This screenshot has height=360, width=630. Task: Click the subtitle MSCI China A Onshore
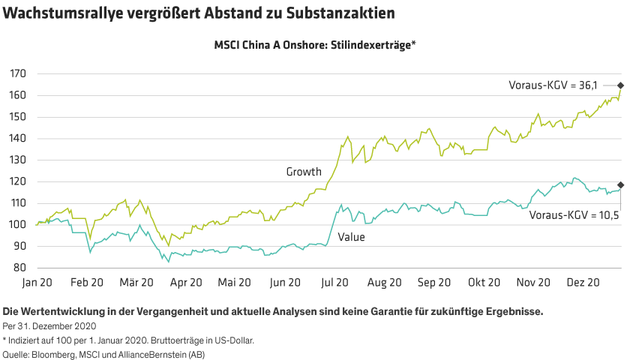click(x=315, y=45)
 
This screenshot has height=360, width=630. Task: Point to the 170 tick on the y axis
click(x=18, y=73)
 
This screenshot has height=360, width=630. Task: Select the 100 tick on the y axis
click(x=18, y=224)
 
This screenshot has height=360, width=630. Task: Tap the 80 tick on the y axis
click(x=20, y=268)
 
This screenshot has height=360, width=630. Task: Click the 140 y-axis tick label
click(x=18, y=138)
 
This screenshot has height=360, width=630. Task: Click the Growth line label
click(x=304, y=172)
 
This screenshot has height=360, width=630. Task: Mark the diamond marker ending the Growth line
click(x=620, y=86)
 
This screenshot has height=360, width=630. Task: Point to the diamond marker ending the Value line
click(x=620, y=184)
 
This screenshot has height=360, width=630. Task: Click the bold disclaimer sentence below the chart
click(x=272, y=310)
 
